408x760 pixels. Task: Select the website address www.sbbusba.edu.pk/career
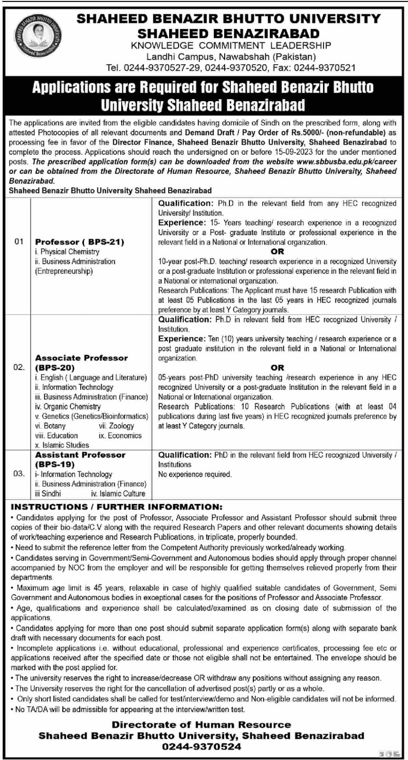pos(346,161)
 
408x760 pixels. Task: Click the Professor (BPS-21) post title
pos(79,242)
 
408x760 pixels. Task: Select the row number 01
pos(19,242)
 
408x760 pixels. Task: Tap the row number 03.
pos(19,474)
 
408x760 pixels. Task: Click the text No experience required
pos(195,474)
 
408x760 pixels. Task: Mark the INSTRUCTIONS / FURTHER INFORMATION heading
pos(116,507)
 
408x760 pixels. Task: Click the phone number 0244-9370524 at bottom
pos(201,746)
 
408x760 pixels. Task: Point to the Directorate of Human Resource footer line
pos(201,724)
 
